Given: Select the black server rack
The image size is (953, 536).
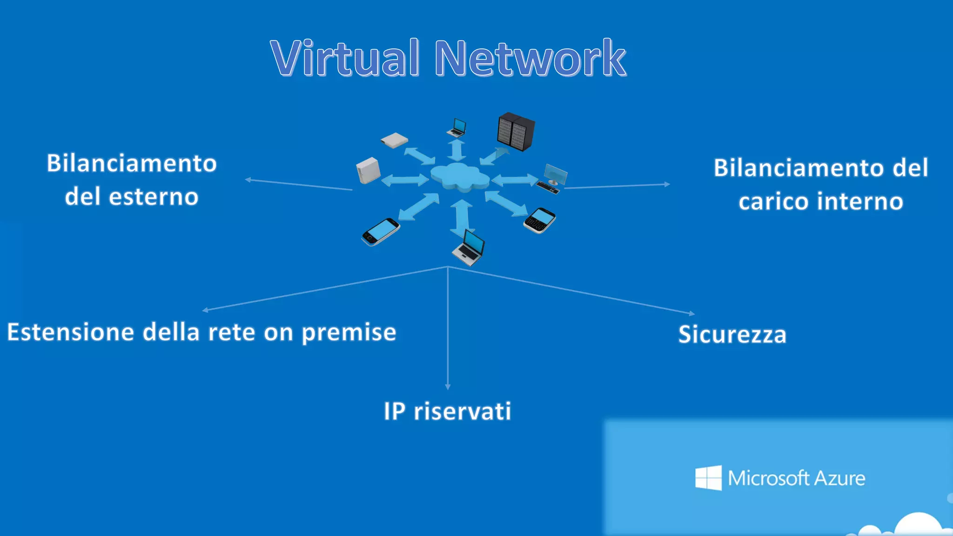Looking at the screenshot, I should (x=516, y=131).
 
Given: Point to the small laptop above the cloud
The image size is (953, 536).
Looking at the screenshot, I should (x=457, y=127).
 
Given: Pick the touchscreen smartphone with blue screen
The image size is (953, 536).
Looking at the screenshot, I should (x=381, y=231).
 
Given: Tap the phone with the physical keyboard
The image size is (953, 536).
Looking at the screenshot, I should (x=540, y=220).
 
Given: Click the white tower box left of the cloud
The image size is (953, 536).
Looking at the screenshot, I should (x=368, y=170).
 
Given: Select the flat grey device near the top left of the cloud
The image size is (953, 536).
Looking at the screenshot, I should (x=394, y=140).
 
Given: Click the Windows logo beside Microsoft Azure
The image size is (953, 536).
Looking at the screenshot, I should (x=708, y=478).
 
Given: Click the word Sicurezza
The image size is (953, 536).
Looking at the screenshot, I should (x=732, y=335).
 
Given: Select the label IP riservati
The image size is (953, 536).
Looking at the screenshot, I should (x=447, y=411).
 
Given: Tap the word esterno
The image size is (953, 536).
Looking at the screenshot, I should (x=154, y=196).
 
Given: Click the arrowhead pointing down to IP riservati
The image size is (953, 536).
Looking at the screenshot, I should (x=448, y=387).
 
